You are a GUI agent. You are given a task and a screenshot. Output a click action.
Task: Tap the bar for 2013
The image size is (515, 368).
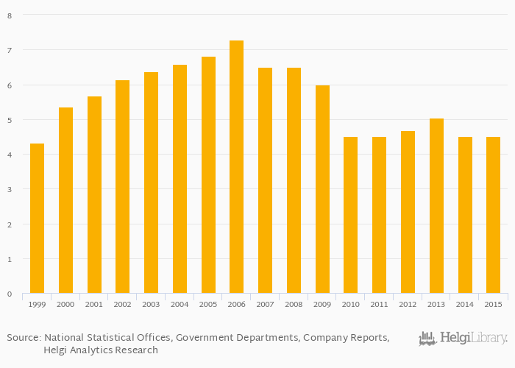pos(436,206)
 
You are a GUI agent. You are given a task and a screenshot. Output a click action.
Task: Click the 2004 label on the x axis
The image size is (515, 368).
pos(180,303)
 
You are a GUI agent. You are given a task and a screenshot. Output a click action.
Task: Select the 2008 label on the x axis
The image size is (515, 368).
pos(294,303)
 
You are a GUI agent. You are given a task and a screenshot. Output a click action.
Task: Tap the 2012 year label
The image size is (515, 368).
pos(408,303)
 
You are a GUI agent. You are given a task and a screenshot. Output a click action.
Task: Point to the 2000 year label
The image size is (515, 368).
pos(65,303)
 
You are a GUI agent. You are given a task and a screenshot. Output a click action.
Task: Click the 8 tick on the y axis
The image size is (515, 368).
pos(10,15)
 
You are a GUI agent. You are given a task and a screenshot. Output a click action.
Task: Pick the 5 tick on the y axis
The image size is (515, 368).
pos(10,120)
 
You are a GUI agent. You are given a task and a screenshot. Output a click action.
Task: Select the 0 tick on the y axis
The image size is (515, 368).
pos(10,294)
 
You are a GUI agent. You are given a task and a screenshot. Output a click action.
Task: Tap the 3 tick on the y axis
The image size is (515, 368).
pos(10,190)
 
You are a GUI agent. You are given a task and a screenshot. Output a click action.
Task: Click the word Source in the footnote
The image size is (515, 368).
pos(23,338)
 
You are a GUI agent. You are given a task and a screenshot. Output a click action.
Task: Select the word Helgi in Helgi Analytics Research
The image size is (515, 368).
pos(57,350)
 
